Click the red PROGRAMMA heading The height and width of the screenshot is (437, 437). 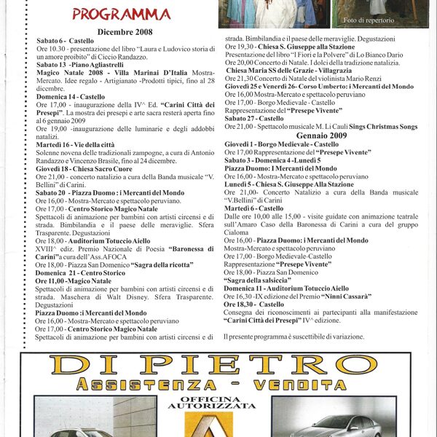coord(122,15)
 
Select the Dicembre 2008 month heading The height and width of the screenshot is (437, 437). coord(123,32)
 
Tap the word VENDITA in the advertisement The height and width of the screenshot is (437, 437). coord(305,384)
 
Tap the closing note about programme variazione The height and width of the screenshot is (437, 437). coord(294,336)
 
